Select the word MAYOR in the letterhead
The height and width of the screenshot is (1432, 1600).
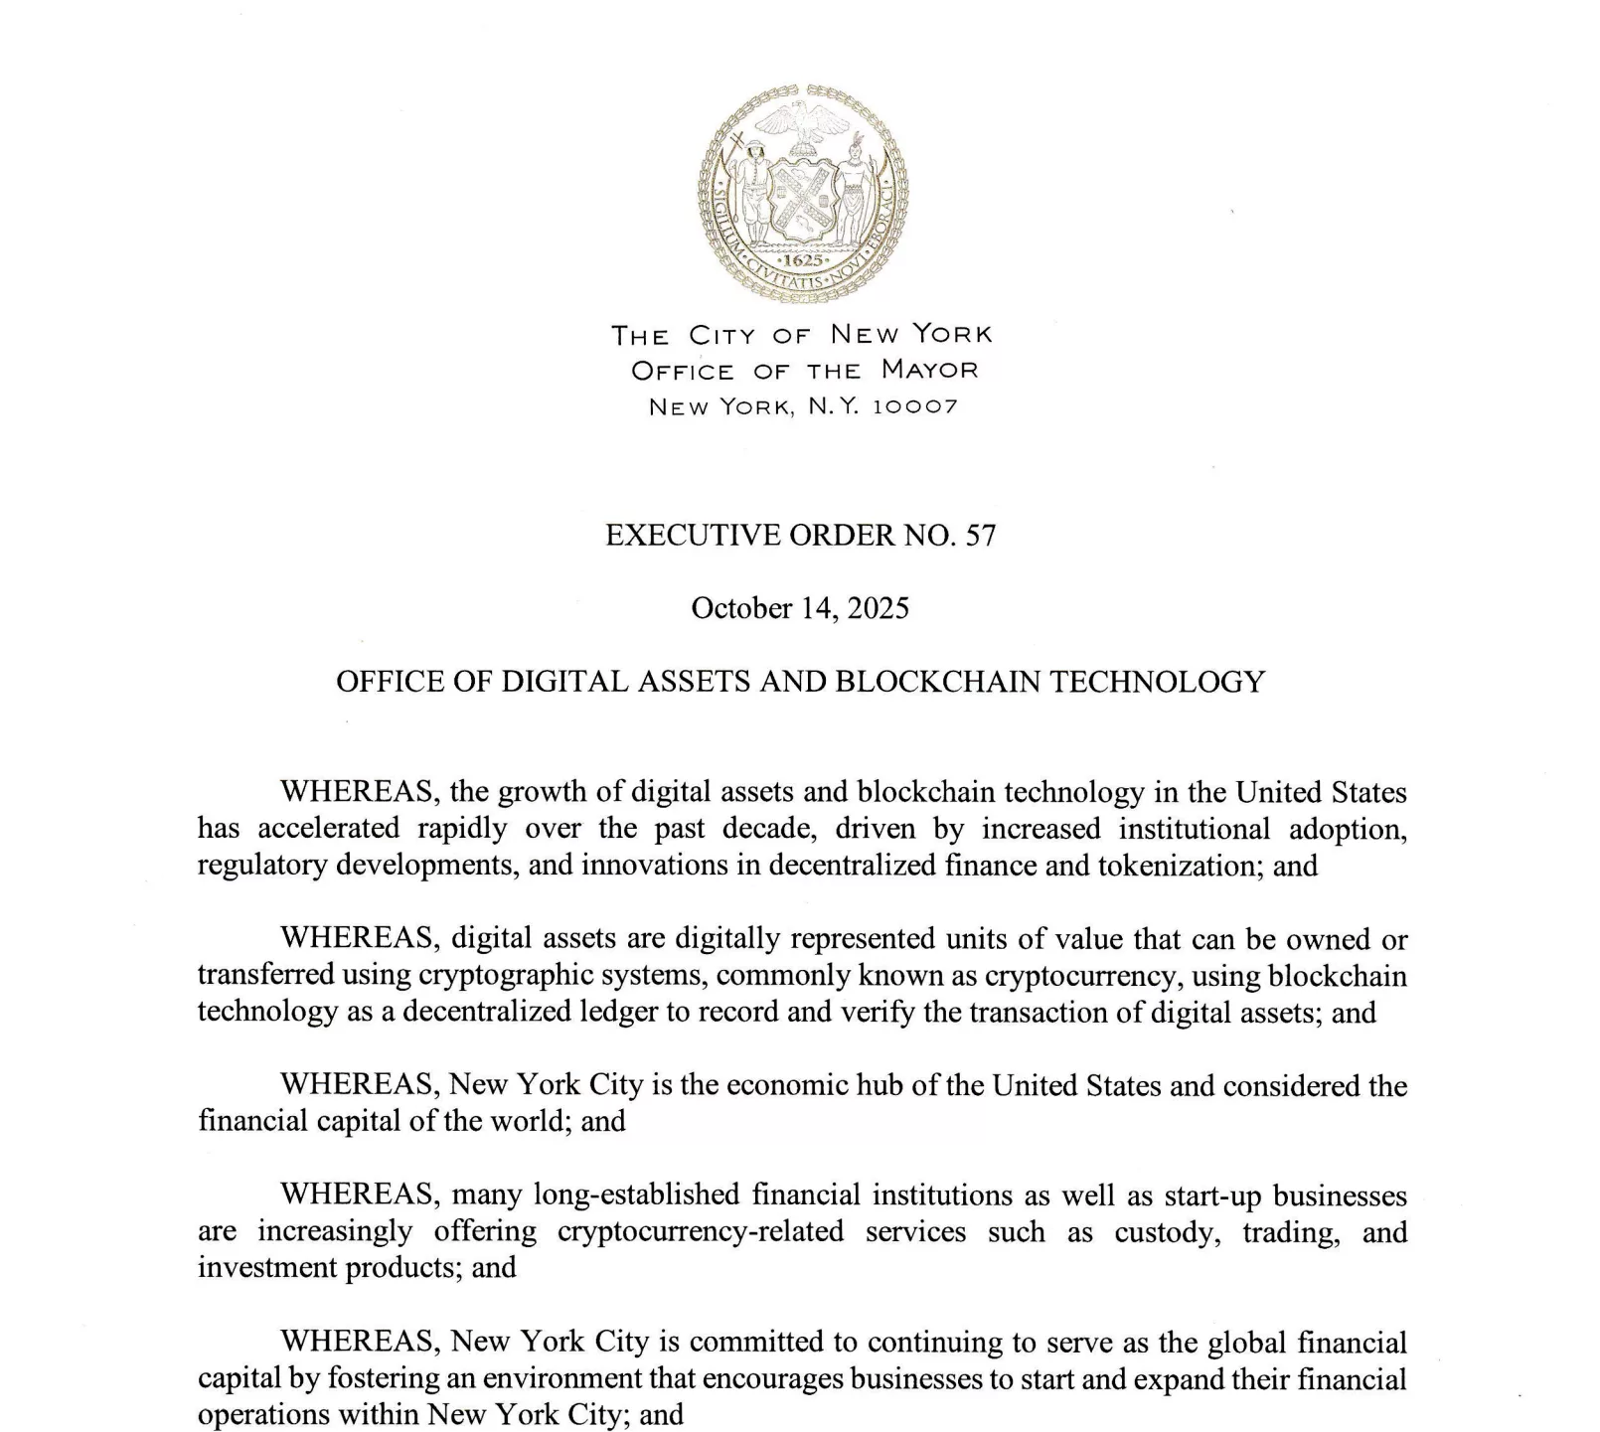(x=929, y=371)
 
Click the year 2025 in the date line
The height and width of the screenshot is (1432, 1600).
(x=878, y=608)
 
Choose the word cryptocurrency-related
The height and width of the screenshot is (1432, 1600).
(x=701, y=1232)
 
